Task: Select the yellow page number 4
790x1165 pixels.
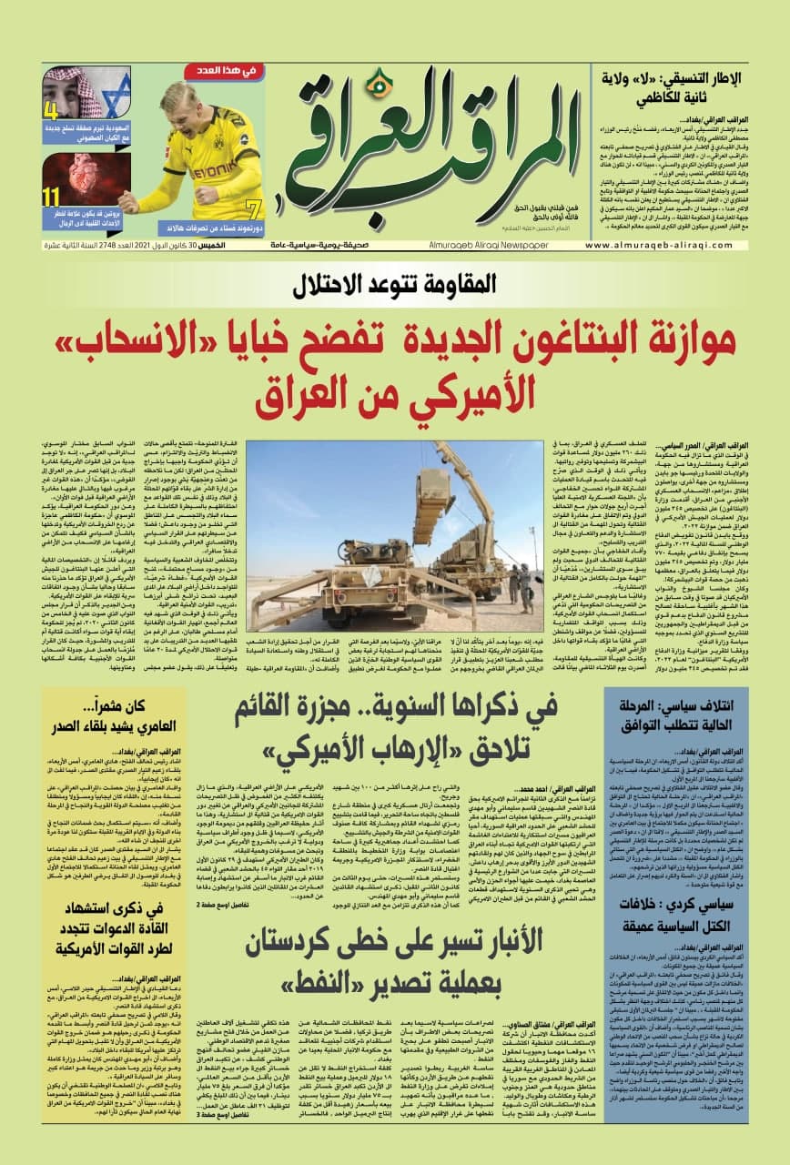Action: point(52,112)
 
